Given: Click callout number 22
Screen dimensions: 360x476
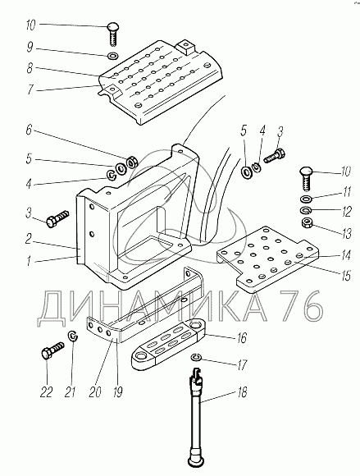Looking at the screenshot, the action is click(x=46, y=392).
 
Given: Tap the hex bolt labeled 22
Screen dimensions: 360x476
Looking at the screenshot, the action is click(x=52, y=350).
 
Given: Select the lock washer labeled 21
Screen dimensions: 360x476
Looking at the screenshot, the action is click(x=73, y=336).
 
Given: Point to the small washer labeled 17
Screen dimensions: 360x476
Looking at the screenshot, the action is click(x=196, y=357).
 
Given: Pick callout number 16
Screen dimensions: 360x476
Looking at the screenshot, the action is click(x=242, y=338).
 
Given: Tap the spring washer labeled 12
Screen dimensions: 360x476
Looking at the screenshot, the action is click(x=305, y=210).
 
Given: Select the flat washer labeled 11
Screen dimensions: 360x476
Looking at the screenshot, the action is click(x=305, y=199).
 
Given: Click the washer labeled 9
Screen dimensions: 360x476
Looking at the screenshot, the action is click(x=113, y=56).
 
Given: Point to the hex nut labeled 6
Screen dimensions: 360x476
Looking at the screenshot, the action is click(x=132, y=162).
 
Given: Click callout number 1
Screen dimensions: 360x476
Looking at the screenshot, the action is click(x=29, y=260).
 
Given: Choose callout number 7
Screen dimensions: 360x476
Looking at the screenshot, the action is click(x=30, y=89).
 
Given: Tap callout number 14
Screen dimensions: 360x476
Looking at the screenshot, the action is click(x=345, y=255).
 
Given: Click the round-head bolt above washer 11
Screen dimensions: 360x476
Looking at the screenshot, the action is click(x=307, y=178).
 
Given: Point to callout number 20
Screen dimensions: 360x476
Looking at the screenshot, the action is click(x=95, y=392).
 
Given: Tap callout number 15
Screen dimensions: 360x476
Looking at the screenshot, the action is click(x=345, y=276).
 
